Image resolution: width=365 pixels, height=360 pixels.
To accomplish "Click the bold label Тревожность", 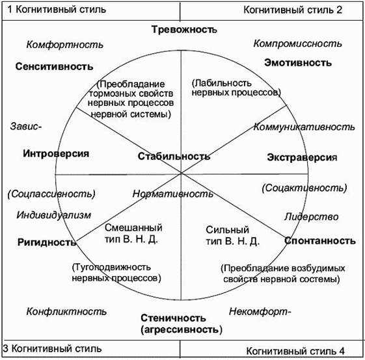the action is click(184, 29).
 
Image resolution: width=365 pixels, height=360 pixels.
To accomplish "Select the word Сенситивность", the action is click(54, 66).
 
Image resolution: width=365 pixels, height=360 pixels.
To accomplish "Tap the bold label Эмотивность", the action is click(298, 62).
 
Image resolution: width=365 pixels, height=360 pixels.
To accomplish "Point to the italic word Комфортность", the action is click(64, 44).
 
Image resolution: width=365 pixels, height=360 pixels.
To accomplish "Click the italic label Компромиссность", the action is click(298, 44).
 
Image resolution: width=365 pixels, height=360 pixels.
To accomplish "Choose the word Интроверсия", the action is click(56, 153).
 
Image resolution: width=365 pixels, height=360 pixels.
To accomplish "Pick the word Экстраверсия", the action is click(302, 157).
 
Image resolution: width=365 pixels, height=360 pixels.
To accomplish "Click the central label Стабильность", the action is click(174, 156).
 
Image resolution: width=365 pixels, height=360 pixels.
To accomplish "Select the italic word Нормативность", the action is click(172, 194).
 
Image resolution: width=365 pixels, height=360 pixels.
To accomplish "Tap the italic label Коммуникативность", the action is click(304, 127).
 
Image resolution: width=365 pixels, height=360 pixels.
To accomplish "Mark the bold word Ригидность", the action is click(47, 242).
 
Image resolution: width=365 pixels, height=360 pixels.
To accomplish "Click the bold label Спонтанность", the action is click(320, 240).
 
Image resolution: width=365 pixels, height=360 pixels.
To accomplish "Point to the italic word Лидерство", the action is click(311, 217).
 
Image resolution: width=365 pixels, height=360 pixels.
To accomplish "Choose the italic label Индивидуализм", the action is click(54, 215).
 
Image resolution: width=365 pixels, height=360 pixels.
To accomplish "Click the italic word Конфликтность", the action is click(66, 311).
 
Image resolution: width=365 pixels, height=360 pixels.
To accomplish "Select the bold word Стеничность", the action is click(173, 318).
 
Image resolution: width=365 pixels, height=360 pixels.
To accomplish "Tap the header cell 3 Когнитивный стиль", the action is click(91, 348).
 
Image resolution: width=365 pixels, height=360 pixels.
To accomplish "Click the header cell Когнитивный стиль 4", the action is click(271, 348).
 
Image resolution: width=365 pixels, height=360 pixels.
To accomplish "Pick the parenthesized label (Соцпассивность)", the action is click(51, 194).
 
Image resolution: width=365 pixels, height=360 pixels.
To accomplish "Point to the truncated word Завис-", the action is click(26, 126).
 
